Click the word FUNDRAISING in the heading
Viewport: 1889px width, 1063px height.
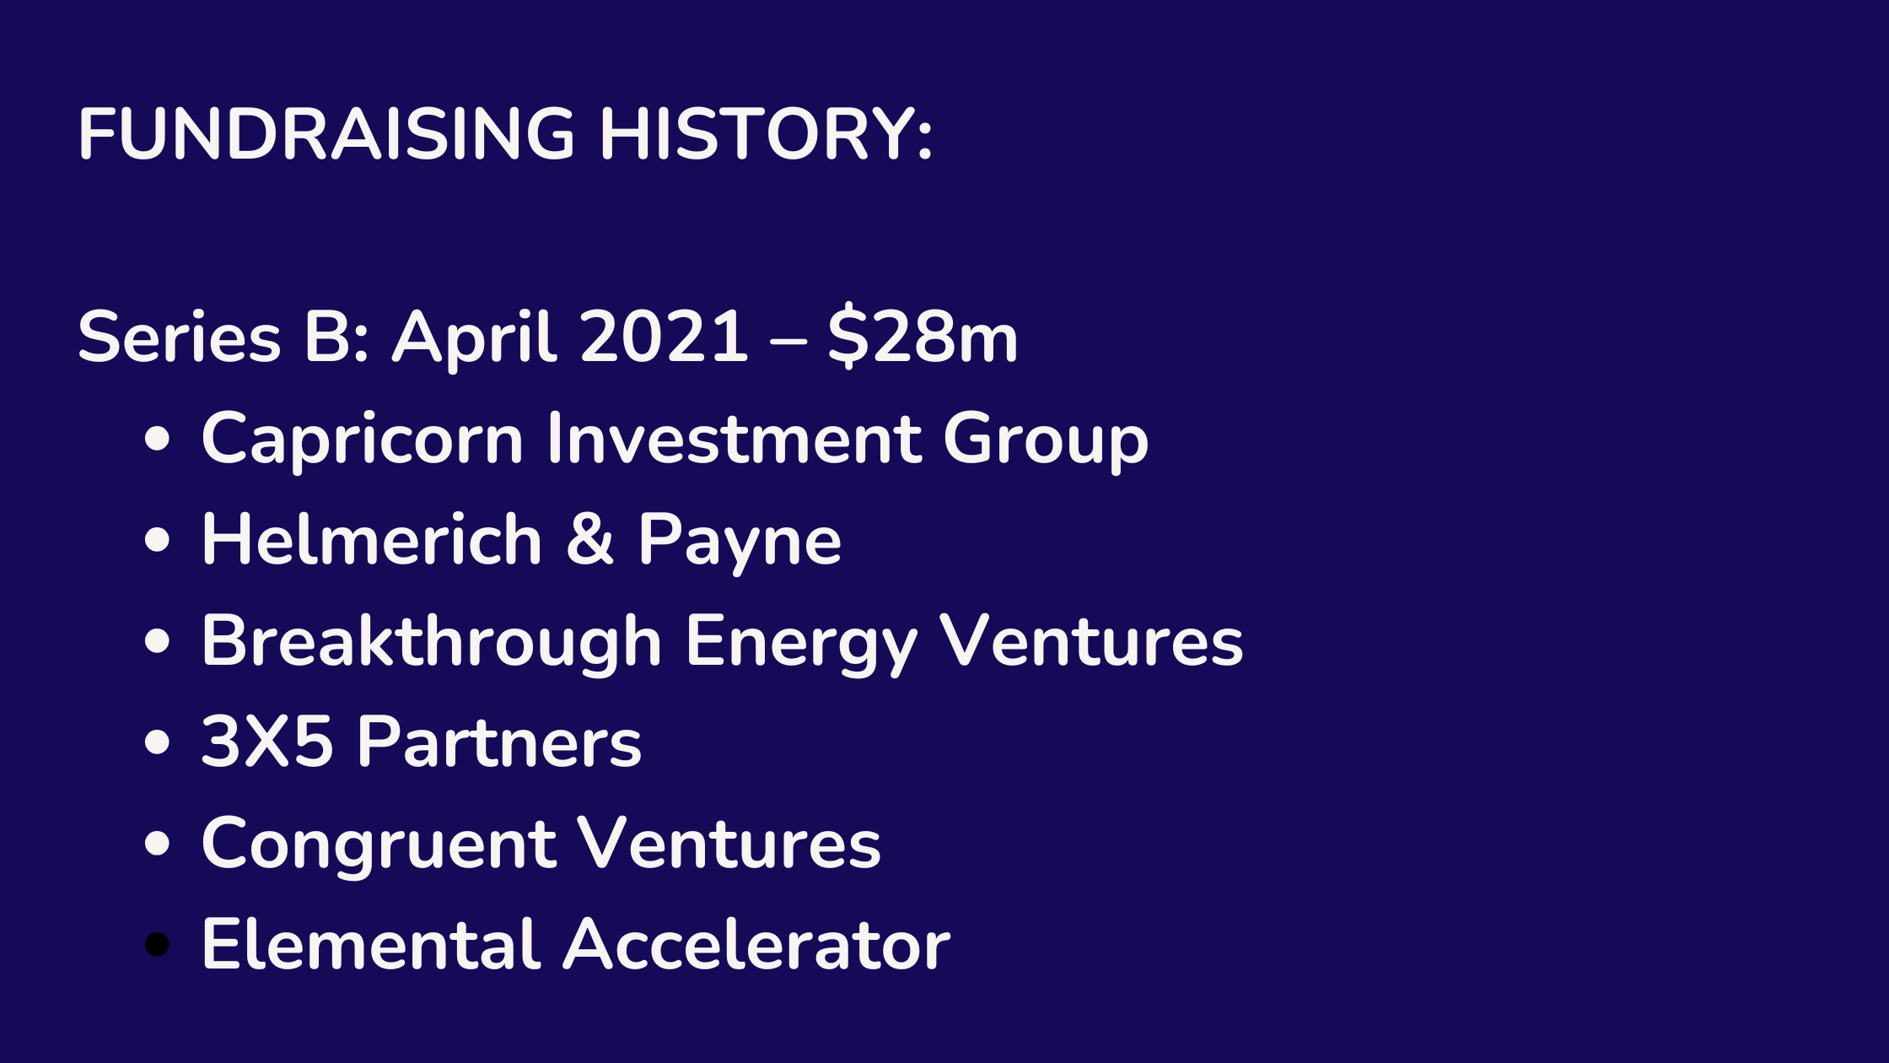pyautogui.click(x=327, y=133)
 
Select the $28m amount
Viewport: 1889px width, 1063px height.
pyautogui.click(x=923, y=336)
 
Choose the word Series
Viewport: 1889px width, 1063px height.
pyautogui.click(x=180, y=337)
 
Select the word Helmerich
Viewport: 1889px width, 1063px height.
pyautogui.click(x=372, y=539)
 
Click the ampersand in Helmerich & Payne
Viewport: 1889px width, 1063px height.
pyautogui.click(x=589, y=539)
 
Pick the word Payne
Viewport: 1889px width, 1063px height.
pyautogui.click(x=740, y=542)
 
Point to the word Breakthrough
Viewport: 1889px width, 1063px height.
pyautogui.click(x=432, y=642)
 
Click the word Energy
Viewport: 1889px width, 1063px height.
pyautogui.click(x=801, y=644)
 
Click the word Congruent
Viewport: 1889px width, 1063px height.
pyautogui.click(x=379, y=844)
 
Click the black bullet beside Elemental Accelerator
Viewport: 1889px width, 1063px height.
pyautogui.click(x=157, y=944)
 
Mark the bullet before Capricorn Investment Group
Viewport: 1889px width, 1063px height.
pyautogui.click(x=157, y=439)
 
